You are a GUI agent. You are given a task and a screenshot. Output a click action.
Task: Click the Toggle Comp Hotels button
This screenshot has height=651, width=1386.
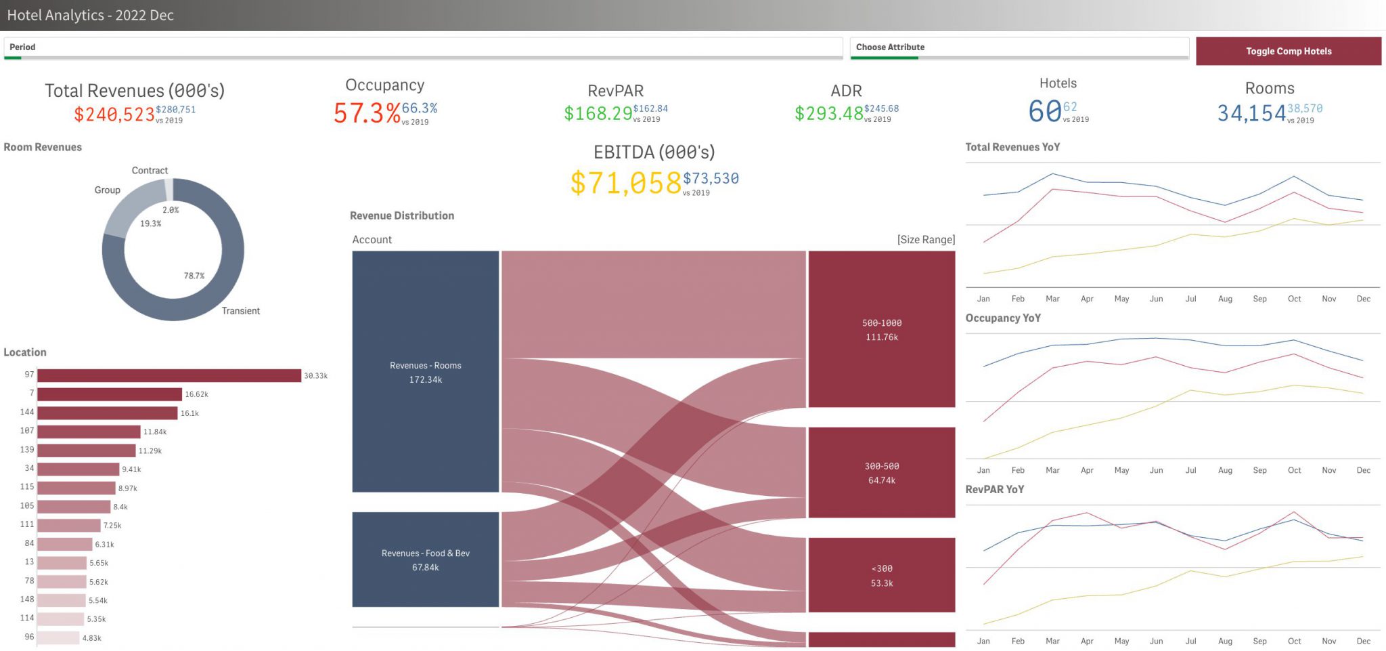(1288, 51)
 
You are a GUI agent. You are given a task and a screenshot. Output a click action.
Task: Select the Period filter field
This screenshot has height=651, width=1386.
(422, 47)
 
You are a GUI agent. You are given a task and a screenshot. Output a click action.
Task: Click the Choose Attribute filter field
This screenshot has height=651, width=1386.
(1019, 47)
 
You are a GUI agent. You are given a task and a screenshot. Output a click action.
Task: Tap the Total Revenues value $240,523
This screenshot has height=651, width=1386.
(114, 114)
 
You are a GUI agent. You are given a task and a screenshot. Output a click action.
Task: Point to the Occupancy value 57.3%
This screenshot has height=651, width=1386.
(367, 113)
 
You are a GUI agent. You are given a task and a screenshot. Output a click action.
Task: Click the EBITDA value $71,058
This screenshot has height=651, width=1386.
(625, 183)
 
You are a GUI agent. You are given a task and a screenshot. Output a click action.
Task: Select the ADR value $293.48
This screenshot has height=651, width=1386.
(828, 113)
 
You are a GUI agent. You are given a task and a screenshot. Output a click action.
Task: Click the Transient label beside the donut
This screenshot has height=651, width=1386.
(240, 311)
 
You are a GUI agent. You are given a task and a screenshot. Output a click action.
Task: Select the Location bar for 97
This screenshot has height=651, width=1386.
(169, 375)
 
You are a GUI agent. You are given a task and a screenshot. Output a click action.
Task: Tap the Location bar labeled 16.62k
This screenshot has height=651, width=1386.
(110, 394)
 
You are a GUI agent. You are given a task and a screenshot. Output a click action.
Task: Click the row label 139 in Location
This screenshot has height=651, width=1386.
(27, 450)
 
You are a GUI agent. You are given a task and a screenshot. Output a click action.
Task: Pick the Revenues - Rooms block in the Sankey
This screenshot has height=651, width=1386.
(425, 371)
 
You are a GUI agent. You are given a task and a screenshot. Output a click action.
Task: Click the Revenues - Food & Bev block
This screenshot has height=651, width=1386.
(425, 560)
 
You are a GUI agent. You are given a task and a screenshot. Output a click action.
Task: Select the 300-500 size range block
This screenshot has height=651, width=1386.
(881, 473)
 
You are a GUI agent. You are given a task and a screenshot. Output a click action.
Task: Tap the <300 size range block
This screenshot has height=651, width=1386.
(881, 575)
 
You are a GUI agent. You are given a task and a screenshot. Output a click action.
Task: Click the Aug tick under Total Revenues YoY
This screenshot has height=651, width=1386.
(1225, 299)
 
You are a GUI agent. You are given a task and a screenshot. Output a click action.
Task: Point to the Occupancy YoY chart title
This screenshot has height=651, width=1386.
(1002, 318)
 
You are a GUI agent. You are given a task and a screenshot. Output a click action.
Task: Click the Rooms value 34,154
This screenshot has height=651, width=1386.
(1251, 113)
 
